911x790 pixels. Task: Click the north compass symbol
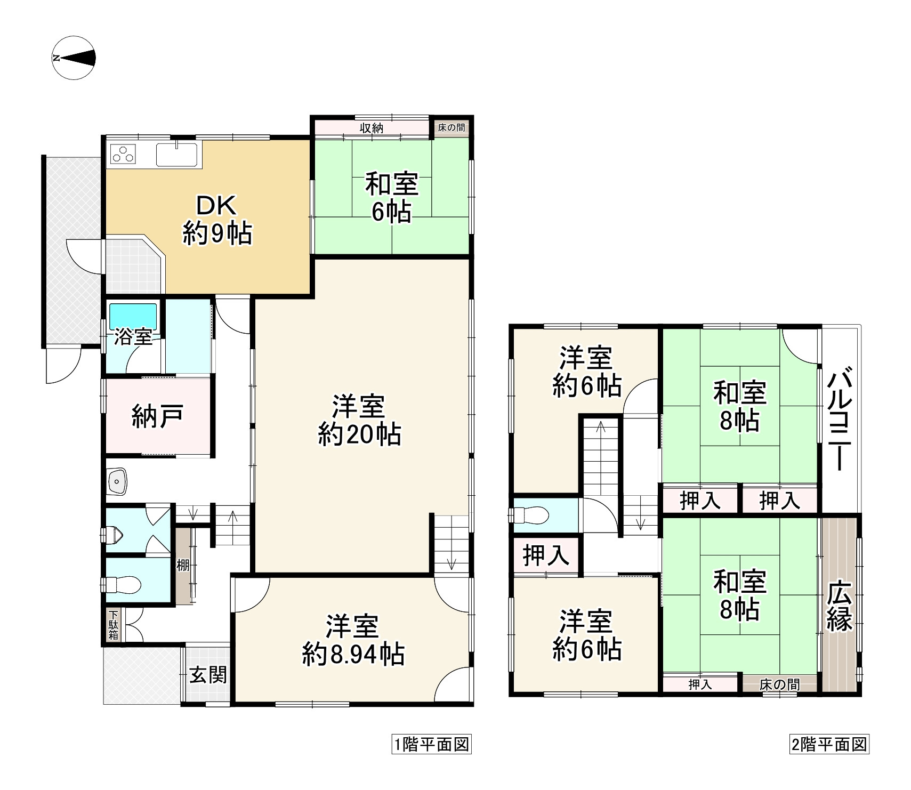tap(74, 58)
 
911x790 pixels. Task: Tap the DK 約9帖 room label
tap(217, 219)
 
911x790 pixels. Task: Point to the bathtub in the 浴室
tap(133, 316)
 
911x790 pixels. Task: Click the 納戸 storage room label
tap(158, 416)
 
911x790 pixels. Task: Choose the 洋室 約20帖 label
tap(359, 421)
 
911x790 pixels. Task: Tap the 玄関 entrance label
tap(208, 675)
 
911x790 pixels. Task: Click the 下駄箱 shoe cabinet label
tap(114, 625)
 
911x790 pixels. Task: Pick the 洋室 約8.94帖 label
tap(353, 640)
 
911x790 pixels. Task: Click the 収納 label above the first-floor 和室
tap(371, 128)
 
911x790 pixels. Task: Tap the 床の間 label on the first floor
tap(451, 128)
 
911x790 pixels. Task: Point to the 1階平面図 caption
tap(431, 744)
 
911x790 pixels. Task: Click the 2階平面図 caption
tap(828, 744)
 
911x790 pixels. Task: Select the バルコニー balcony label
tap(839, 421)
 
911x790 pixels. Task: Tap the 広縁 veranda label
tap(839, 605)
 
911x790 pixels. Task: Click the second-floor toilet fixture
tap(530, 515)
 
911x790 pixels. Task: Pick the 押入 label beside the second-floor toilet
tap(545, 555)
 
